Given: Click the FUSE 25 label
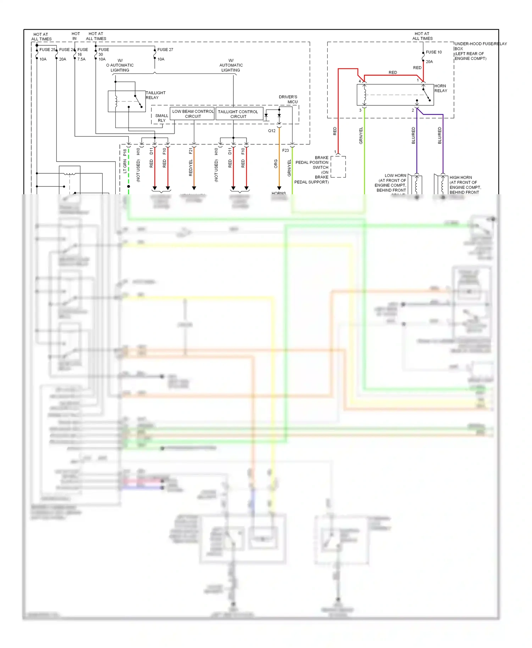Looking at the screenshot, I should coord(47,50).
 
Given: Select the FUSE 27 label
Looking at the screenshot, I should coord(165,50).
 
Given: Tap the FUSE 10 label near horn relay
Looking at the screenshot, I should coord(434,52).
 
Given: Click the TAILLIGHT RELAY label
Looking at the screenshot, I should coord(155,95).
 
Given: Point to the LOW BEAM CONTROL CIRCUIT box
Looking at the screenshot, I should coord(193,114).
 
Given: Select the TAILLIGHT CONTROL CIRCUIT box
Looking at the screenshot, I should coord(238,114).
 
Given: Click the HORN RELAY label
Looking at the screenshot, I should coord(440,88).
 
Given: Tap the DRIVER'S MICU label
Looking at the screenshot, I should coord(288,99).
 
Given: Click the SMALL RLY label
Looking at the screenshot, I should coord(161,118).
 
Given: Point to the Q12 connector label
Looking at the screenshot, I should coord(272,131).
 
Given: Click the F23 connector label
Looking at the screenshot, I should coord(286,151).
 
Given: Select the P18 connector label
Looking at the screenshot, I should coord(125,152).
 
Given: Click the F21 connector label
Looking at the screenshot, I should coord(191,151).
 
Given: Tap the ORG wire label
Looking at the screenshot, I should coord(276,163).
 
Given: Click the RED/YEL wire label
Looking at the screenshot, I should coord(191,168).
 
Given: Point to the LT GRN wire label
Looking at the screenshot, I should coord(125,166).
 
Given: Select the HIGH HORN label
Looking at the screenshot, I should coord(461,178).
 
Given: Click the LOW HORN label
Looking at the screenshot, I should coord(395,175).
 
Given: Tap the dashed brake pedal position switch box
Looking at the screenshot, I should coord(338,167).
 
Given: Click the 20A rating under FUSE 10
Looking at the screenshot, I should coord(429,62).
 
